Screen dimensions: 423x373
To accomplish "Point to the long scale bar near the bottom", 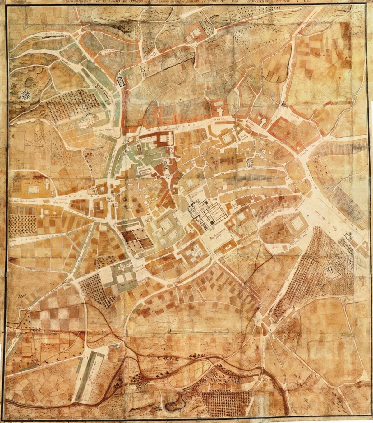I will coord(198,331).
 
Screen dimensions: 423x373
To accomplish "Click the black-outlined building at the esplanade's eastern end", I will coord(348,238).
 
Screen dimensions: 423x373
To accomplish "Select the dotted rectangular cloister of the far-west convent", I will coord(32,189).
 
